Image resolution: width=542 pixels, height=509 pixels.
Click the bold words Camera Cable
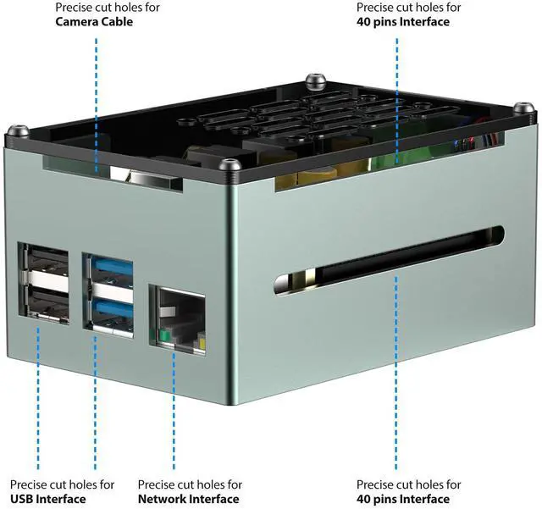(x=94, y=22)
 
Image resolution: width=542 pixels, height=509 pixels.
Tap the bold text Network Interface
(x=188, y=499)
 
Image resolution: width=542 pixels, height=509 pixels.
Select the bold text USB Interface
(x=48, y=499)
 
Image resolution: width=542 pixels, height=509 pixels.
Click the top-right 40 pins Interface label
(x=403, y=22)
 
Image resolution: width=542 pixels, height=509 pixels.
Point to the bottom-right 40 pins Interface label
(x=403, y=499)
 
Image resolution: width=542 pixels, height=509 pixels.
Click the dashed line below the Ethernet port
(x=174, y=407)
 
